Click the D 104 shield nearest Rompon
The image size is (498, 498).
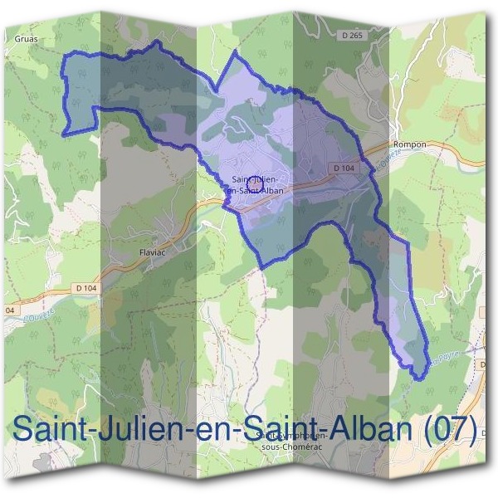click(344, 168)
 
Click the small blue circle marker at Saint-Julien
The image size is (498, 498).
click(256, 183)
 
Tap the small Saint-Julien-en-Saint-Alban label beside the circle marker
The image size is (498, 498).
click(259, 184)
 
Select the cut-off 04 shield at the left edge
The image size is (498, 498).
click(9, 310)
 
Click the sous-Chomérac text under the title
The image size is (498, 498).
click(291, 446)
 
